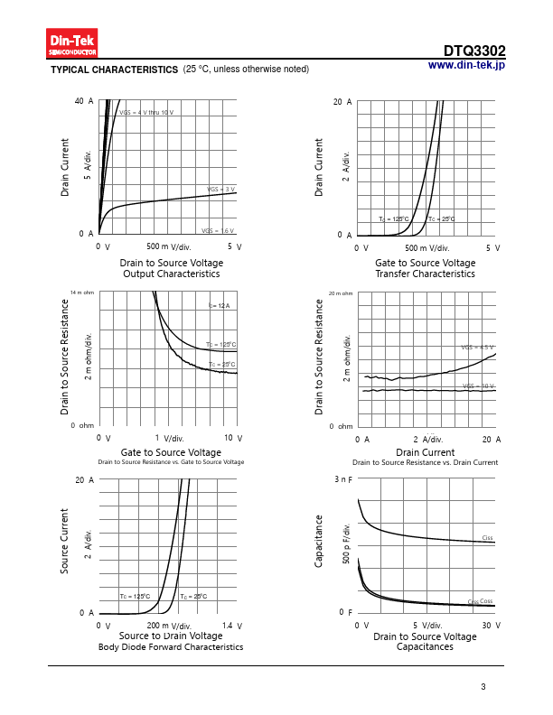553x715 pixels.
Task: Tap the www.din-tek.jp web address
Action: [466, 65]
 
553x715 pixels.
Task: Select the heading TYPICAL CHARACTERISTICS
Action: [114, 70]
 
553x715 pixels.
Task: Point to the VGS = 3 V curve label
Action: [221, 190]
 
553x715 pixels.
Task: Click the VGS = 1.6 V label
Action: [218, 231]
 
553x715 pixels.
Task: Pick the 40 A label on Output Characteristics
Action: [84, 101]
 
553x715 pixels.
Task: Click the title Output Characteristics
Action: [172, 274]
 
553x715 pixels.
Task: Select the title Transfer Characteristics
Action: [425, 274]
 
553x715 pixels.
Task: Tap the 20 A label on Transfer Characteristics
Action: [342, 102]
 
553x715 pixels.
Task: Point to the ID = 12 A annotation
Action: [219, 307]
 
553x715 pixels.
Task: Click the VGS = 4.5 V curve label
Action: [477, 348]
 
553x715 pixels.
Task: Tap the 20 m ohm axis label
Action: [341, 293]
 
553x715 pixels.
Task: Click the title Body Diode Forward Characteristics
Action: [171, 647]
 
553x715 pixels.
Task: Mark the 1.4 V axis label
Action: [231, 626]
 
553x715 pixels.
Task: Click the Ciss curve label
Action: [487, 538]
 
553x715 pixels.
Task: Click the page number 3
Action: [483, 688]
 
